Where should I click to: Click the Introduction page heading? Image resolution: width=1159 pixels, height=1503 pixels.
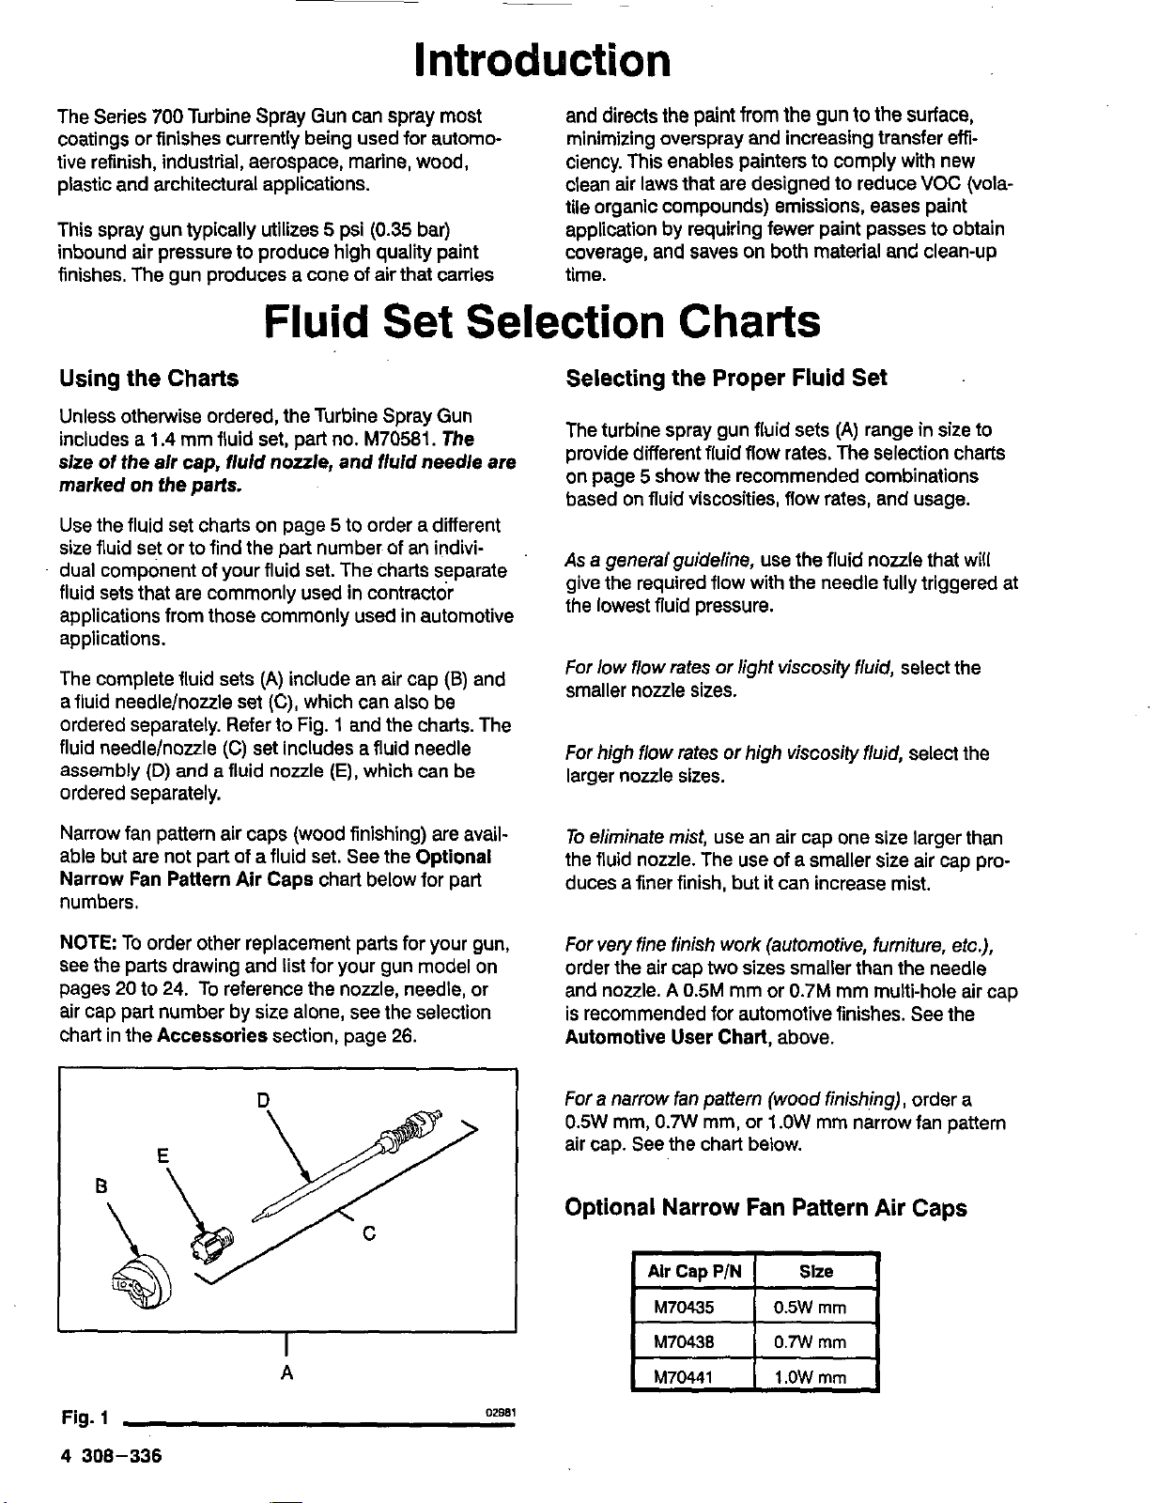coord(543,61)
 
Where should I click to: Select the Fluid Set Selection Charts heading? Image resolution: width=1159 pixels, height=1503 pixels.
coord(543,322)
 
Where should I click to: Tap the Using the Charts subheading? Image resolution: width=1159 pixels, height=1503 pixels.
coord(148,379)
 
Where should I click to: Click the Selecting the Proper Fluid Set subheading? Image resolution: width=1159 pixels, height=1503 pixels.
coord(726,378)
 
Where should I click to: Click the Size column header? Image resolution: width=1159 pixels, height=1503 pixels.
coord(815,1272)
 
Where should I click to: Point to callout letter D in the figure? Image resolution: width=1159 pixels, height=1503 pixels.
coord(264,1099)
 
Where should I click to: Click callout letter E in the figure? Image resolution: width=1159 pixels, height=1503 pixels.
coord(162,1156)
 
